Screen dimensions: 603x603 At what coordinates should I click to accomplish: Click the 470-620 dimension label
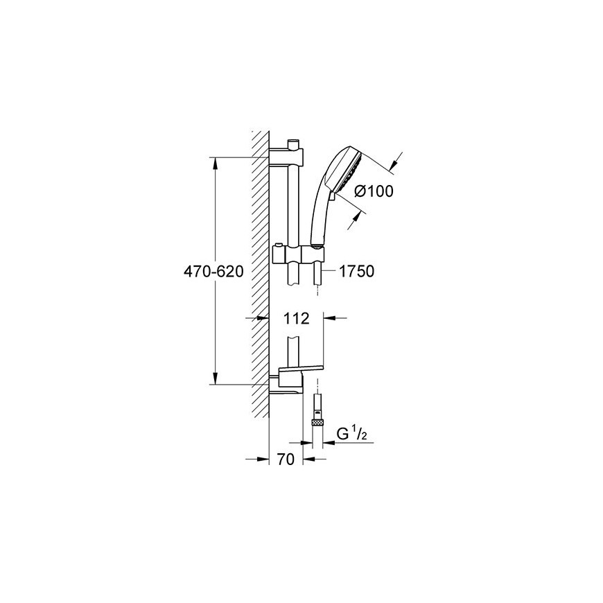(x=213, y=272)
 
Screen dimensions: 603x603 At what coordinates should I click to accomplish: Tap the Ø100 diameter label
(x=374, y=191)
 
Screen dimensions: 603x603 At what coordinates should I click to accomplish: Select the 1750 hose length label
(x=357, y=272)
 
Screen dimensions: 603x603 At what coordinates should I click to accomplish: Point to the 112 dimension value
(x=297, y=318)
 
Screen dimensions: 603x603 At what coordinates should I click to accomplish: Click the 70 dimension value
(x=286, y=459)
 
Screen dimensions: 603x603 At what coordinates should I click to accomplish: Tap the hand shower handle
(x=320, y=216)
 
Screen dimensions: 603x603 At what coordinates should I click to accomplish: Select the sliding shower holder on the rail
(x=297, y=254)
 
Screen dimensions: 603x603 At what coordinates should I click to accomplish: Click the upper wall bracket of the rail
(x=286, y=156)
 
